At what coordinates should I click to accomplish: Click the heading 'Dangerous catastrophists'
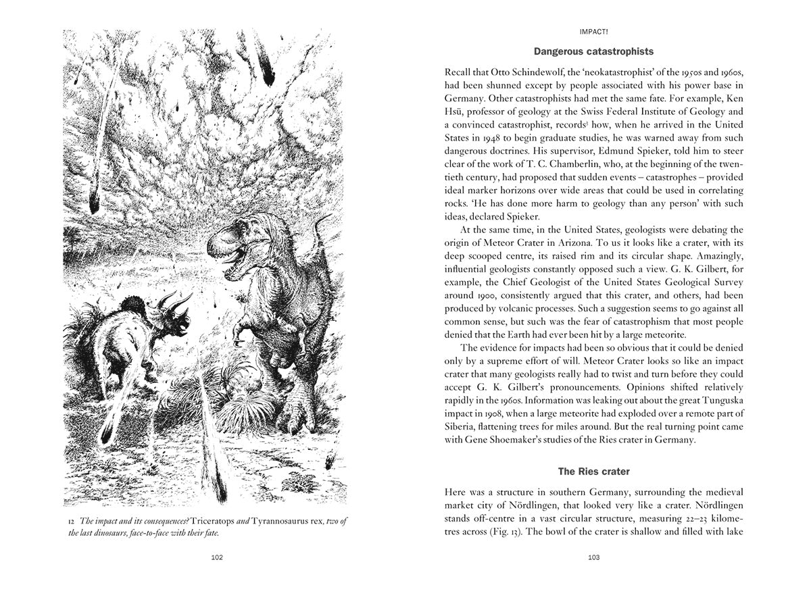(x=593, y=51)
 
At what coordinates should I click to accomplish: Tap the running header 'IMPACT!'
(x=593, y=31)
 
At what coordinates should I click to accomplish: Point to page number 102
(x=216, y=557)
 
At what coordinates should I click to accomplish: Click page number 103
(x=593, y=557)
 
